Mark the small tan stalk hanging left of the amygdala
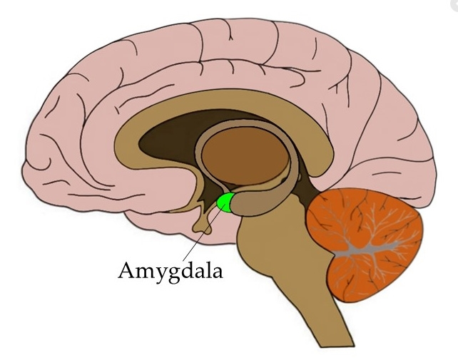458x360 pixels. tap(203, 221)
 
